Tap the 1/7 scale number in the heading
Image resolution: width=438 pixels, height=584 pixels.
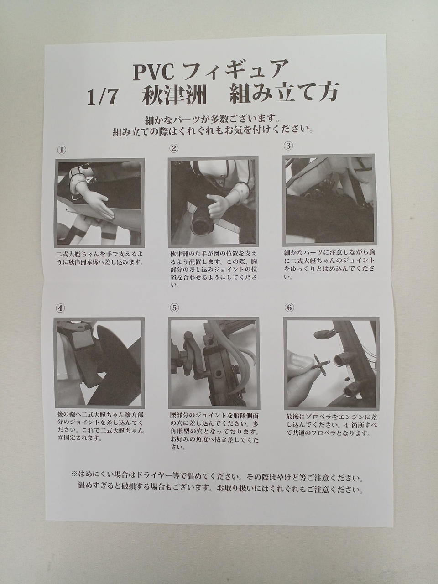[102, 98]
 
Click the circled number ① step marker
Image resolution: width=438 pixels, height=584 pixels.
[62, 150]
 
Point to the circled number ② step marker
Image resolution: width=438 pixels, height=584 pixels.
[174, 148]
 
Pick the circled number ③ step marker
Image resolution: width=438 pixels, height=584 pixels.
[288, 146]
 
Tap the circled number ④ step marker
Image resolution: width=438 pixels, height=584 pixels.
[60, 308]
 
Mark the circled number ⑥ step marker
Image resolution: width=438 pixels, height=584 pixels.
[289, 308]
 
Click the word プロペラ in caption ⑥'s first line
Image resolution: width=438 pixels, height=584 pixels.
[319, 416]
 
